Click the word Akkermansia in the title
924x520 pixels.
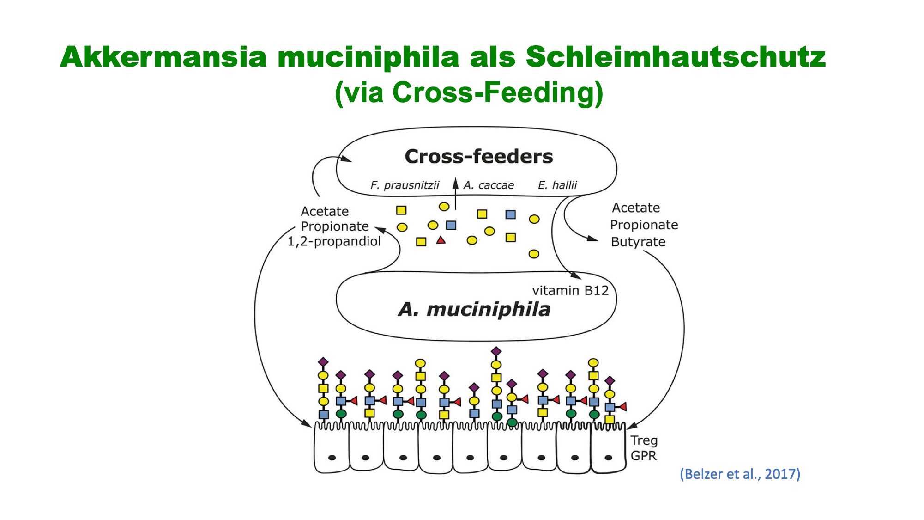pos(163,57)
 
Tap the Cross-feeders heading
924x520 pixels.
pos(479,156)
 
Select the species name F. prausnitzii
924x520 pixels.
pos(405,185)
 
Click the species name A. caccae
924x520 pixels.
pos(489,185)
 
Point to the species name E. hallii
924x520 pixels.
pos(557,185)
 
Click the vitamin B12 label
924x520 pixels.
pos(570,290)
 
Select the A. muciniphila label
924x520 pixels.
pos(474,309)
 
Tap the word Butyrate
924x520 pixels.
pos(638,242)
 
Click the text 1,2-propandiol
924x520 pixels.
pos(334,241)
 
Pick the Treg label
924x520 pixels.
pos(644,441)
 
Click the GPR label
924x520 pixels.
pos(644,456)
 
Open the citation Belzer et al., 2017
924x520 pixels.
pos(740,474)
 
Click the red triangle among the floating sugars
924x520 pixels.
pos(441,240)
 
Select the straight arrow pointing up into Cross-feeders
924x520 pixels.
pos(455,194)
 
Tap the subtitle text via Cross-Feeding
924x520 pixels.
pos(469,92)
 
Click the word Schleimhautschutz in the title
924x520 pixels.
pos(676,57)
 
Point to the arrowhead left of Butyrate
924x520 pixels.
pos(593,239)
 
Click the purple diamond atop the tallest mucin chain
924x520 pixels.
pos(496,352)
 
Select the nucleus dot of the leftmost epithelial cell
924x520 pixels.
pos(332,458)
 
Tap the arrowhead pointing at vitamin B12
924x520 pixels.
pos(576,275)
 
